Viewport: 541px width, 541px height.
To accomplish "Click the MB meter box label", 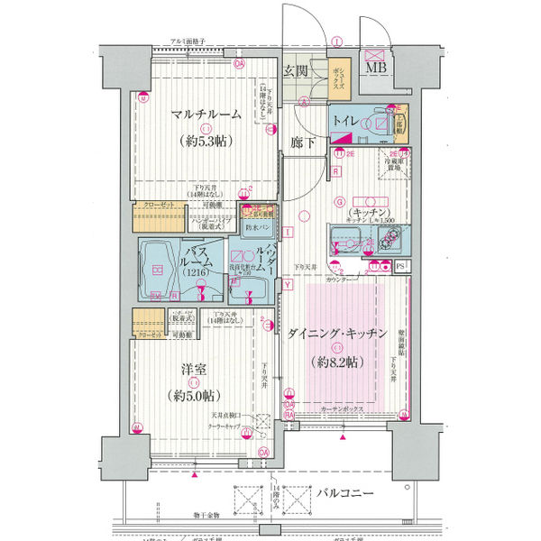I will click(373, 65).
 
